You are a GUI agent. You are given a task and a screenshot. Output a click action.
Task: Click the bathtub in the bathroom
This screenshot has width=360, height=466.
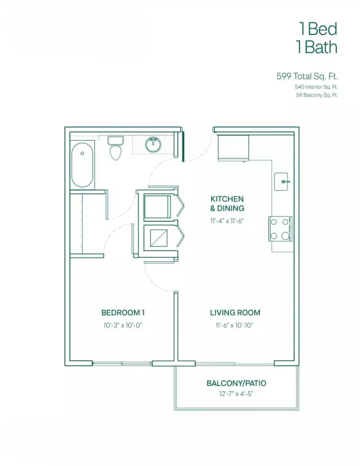pos(82,164)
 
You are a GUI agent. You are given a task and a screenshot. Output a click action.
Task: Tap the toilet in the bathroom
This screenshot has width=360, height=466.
pos(115,149)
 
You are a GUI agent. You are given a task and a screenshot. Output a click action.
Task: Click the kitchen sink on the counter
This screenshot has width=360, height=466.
pos(282,181)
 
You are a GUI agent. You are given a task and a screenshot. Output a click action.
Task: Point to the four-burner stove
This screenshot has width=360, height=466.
pos(280,228)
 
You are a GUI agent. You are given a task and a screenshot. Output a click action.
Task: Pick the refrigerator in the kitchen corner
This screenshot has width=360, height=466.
pos(232,147)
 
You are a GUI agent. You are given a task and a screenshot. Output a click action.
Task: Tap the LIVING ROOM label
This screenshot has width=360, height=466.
pos(235,312)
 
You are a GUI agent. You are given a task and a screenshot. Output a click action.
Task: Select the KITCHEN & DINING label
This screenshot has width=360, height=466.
pos(227,203)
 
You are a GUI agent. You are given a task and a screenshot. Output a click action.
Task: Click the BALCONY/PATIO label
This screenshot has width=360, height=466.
pos(236,383)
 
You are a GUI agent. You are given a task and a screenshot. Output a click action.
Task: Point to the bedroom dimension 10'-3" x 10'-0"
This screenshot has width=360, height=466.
pos(123,325)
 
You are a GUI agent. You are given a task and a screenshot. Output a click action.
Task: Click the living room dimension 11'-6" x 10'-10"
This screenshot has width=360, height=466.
pos(235,325)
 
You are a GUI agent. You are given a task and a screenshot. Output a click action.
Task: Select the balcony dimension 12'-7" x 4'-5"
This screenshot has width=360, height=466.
pos(236,394)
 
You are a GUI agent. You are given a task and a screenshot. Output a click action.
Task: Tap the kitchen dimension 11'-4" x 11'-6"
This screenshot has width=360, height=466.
pos(227,221)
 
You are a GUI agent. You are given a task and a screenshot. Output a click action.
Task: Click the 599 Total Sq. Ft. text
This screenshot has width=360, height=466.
pos(307,75)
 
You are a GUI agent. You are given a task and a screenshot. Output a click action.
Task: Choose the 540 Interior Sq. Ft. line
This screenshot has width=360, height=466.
pos(316,87)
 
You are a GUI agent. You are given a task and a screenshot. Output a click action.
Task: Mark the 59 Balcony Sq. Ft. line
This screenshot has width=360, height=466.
pos(317,96)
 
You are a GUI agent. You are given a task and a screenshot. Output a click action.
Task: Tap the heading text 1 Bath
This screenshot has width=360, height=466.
pos(317,47)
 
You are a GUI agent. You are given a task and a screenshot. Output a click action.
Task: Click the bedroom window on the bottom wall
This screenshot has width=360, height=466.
pos(122,364)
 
